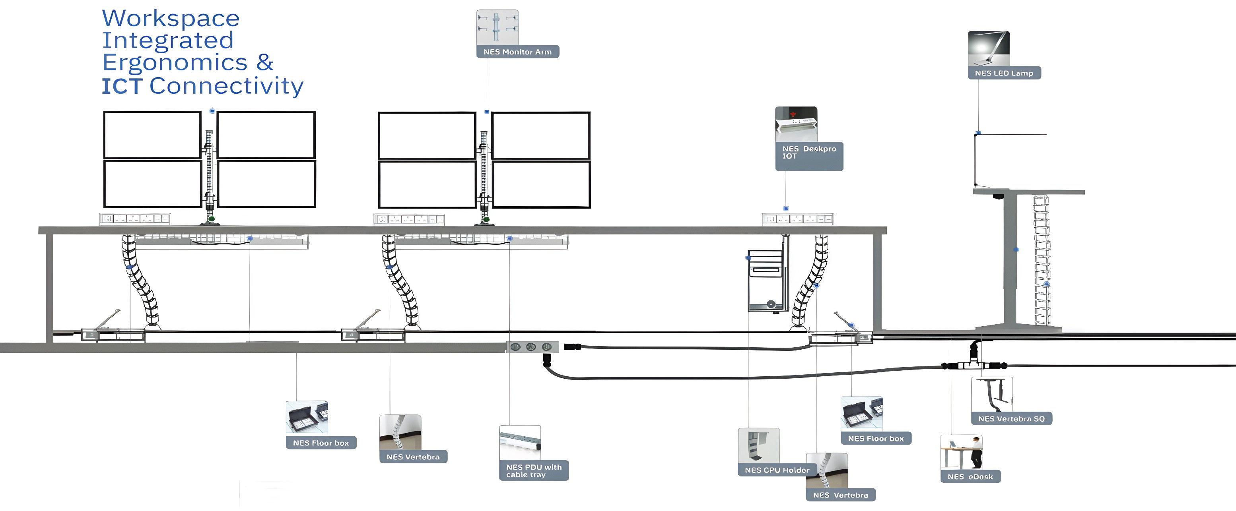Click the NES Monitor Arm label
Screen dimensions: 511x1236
point(517,52)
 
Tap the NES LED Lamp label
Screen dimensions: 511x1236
point(1004,73)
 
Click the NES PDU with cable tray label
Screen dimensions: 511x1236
point(534,471)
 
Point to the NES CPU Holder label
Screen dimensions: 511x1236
point(777,470)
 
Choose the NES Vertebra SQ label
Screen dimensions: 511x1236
point(1011,418)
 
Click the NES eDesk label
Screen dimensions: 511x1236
point(970,476)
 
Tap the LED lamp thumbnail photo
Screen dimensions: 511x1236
point(988,48)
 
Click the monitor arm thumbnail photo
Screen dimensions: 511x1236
point(497,27)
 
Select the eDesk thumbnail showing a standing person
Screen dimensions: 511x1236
point(961,452)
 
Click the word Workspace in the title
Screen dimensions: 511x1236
point(171,19)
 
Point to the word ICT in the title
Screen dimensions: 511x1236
point(122,86)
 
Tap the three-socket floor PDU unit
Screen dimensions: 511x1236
point(532,346)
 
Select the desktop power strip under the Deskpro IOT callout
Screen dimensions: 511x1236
point(797,219)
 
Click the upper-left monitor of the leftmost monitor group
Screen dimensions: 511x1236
point(152,135)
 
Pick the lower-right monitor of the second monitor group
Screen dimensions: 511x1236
point(541,184)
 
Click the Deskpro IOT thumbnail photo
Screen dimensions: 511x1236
point(796,124)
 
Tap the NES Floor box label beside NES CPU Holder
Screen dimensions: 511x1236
point(876,438)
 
